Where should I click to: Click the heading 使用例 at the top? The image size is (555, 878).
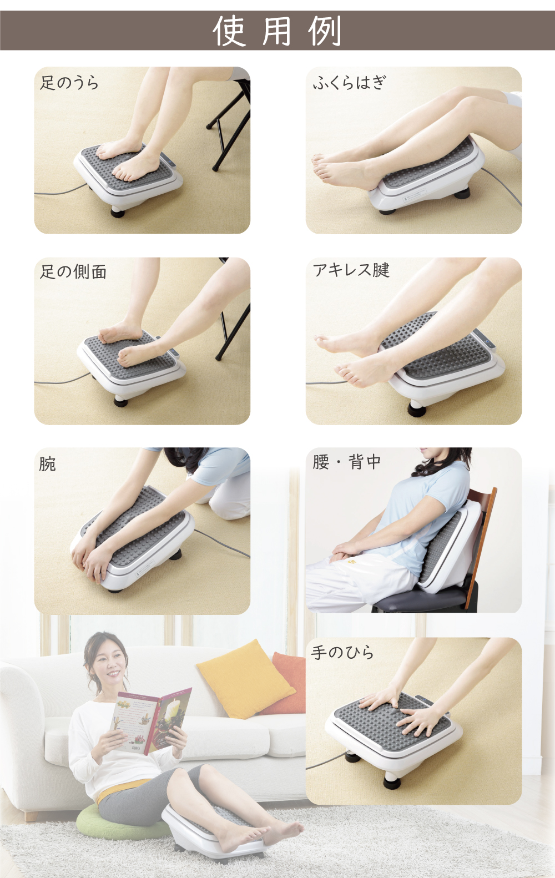click(277, 31)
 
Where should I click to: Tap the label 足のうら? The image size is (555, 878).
click(69, 83)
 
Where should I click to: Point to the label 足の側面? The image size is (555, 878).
click(73, 271)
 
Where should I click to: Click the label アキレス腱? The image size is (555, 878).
click(351, 270)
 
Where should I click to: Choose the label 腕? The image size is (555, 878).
click(48, 464)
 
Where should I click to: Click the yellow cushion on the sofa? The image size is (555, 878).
click(244, 677)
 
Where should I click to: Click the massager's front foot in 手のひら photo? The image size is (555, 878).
click(391, 783)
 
